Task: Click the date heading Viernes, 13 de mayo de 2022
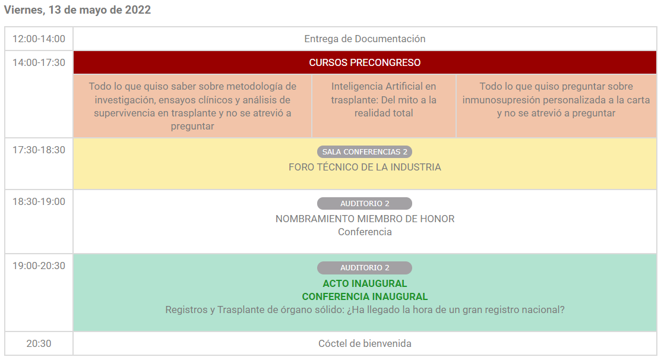pos(77,10)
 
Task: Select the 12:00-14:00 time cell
pos(39,39)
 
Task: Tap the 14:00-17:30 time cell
pos(39,62)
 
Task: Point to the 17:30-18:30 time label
pos(39,150)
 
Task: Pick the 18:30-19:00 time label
pos(39,201)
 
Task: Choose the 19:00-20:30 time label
pos(39,266)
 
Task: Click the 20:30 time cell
pos(39,343)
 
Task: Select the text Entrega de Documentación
pos(365,39)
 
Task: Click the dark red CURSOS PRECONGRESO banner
pos(365,62)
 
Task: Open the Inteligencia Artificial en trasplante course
pos(384,99)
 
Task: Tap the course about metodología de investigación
pos(192,106)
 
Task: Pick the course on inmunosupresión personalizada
pos(556,99)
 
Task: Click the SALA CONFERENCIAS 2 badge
pos(365,151)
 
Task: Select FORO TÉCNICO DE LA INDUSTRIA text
pos(365,167)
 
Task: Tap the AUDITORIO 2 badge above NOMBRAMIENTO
pos(365,203)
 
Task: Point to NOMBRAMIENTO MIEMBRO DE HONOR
pos(365,219)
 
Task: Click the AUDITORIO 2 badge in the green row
pos(365,268)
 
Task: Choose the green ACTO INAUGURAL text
pos(365,283)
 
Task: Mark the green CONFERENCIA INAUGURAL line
pos(365,296)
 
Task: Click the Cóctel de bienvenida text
pos(365,343)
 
